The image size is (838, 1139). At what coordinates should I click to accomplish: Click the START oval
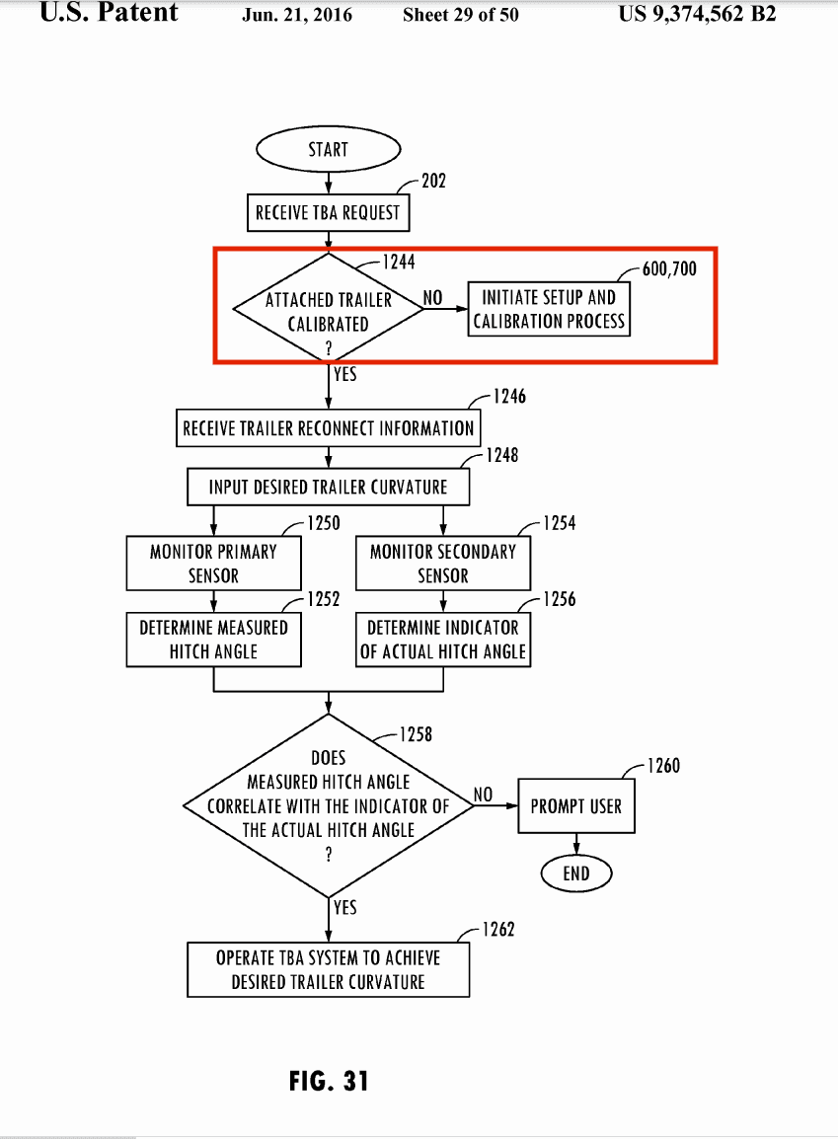click(328, 149)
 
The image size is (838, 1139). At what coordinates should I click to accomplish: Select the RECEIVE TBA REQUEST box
click(328, 212)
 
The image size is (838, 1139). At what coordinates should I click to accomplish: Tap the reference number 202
click(433, 181)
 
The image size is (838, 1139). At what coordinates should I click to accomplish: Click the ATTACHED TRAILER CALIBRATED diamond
click(328, 310)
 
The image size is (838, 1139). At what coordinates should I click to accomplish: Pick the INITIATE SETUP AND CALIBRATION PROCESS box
click(549, 309)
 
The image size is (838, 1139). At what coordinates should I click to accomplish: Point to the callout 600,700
click(669, 268)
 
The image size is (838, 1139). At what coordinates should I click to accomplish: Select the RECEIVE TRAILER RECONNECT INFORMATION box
click(328, 428)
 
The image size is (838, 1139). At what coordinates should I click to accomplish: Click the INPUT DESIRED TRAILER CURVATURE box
click(328, 487)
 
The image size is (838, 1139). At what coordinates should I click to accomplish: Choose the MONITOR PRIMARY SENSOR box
click(213, 563)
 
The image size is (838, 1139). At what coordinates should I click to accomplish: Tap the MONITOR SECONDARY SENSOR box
click(442, 563)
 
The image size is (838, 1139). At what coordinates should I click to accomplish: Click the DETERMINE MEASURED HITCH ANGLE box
click(213, 639)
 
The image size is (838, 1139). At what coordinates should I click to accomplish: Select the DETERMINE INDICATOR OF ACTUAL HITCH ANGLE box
click(442, 639)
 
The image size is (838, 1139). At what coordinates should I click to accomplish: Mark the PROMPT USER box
click(576, 805)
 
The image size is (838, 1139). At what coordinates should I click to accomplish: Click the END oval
click(576, 873)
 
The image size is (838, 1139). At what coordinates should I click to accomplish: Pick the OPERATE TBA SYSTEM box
click(328, 969)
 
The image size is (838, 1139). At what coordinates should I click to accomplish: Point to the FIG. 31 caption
click(329, 1080)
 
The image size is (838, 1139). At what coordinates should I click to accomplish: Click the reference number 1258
click(416, 734)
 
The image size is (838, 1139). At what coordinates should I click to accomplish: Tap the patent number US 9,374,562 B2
click(697, 14)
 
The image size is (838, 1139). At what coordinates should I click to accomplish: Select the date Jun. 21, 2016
click(297, 15)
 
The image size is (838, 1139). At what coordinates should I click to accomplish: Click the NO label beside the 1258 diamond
click(483, 795)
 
